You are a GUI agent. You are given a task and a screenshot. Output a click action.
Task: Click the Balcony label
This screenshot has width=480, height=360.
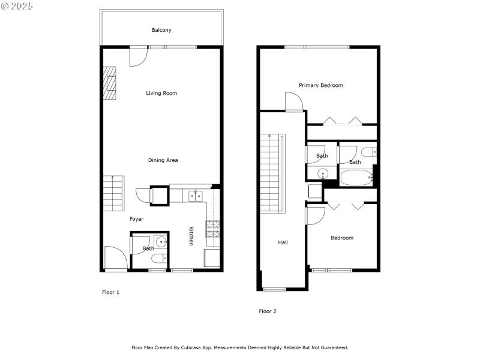pyautogui.click(x=162, y=29)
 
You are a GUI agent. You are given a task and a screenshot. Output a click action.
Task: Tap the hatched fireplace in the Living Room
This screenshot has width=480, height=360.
pyautogui.click(x=109, y=83)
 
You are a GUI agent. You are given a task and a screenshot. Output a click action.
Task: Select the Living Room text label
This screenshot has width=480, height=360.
pyautogui.click(x=161, y=93)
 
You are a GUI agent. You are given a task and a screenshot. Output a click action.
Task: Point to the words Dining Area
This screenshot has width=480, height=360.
pyautogui.click(x=163, y=160)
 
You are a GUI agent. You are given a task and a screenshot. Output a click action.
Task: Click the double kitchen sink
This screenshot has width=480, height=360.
pyautogui.click(x=194, y=196)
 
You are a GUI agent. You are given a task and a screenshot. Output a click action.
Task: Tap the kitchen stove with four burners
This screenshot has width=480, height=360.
pyautogui.click(x=213, y=229)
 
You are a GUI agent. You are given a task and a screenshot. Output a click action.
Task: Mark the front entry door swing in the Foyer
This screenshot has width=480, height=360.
pyautogui.click(x=115, y=259)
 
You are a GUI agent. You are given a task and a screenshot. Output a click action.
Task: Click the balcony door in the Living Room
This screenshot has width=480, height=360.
pyautogui.click(x=139, y=56)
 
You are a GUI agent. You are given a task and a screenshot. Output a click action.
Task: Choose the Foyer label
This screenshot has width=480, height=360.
pyautogui.click(x=136, y=219)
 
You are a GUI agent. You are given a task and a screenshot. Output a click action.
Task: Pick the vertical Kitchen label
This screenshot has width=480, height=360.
pyautogui.click(x=191, y=236)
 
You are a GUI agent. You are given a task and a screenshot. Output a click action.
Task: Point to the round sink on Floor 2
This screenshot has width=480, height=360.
pyautogui.click(x=323, y=175)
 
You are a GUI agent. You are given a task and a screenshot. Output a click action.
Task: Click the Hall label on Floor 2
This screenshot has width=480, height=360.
pyautogui.click(x=283, y=242)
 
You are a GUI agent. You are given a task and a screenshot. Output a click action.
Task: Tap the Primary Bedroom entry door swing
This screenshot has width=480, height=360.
pyautogui.click(x=293, y=101)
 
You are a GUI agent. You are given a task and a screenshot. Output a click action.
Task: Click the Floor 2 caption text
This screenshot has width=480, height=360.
pyautogui.click(x=268, y=311)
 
